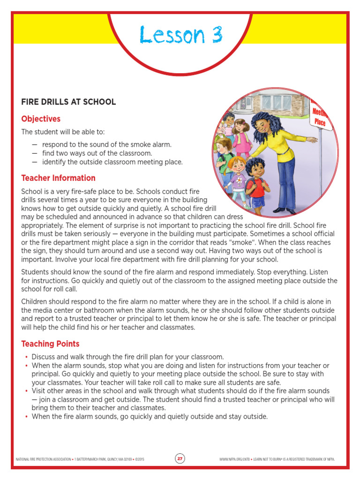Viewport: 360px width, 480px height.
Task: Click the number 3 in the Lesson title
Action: pos(215,35)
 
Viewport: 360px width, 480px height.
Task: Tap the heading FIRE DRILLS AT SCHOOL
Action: pos(68,102)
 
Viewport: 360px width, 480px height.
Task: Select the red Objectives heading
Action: pos(41,119)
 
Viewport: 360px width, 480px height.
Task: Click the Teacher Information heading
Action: pos(58,178)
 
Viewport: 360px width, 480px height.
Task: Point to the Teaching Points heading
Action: pos(50,344)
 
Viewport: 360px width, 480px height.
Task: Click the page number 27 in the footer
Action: pos(180,458)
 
